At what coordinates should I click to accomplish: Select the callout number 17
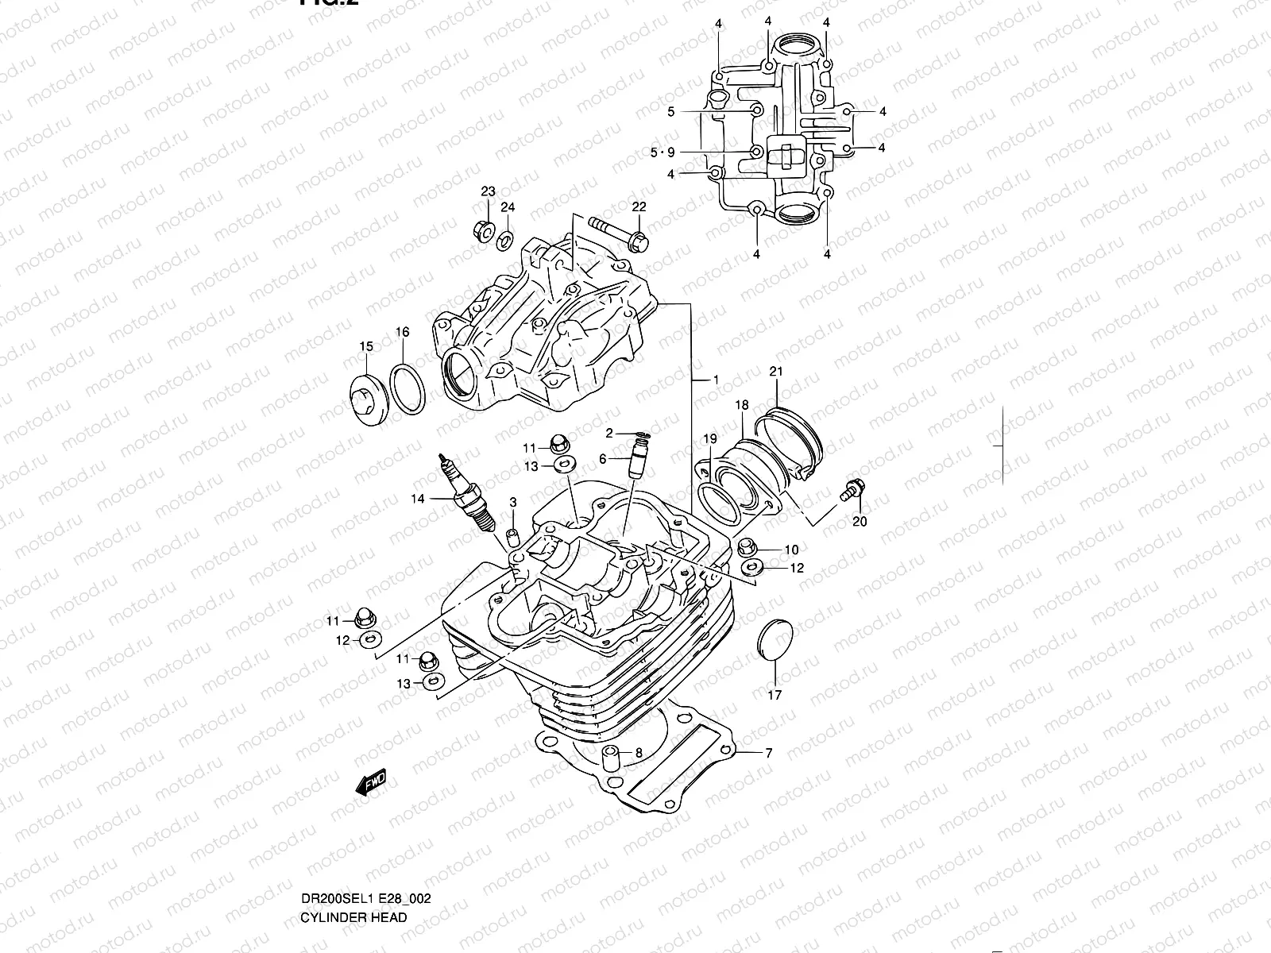775,695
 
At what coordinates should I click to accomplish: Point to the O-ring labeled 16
408,388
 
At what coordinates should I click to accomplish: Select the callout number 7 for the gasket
768,753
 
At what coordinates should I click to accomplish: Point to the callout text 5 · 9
662,152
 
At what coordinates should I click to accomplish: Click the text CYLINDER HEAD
353,851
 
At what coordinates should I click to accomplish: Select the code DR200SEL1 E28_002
365,832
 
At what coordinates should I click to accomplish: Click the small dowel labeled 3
513,531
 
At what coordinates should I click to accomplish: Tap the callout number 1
715,380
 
